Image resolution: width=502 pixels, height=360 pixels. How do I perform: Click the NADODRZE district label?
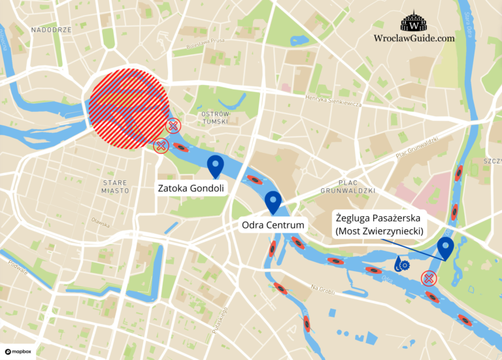pyautogui.click(x=51, y=30)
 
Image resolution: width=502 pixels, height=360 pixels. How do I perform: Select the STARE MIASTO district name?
pyautogui.click(x=116, y=186)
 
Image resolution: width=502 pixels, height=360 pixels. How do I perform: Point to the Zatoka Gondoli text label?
pyautogui.click(x=191, y=188)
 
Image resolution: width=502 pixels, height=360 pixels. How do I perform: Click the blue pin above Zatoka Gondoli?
pyautogui.click(x=215, y=166)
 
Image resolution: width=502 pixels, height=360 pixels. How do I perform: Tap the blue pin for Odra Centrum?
pyautogui.click(x=273, y=202)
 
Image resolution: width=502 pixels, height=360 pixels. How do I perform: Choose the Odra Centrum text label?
pyautogui.click(x=273, y=225)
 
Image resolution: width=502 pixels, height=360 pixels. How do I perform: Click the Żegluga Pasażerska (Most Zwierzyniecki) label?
pyautogui.click(x=381, y=224)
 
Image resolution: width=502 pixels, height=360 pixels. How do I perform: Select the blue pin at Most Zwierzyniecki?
pyautogui.click(x=446, y=248)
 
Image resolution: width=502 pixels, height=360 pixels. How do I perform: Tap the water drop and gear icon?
pyautogui.click(x=401, y=264)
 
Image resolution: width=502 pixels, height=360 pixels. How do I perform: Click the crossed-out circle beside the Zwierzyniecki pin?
pyautogui.click(x=428, y=278)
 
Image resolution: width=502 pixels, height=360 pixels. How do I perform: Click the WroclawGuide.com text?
pyautogui.click(x=414, y=39)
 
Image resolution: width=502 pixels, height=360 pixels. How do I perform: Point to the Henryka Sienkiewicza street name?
pyautogui.click(x=333, y=103)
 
